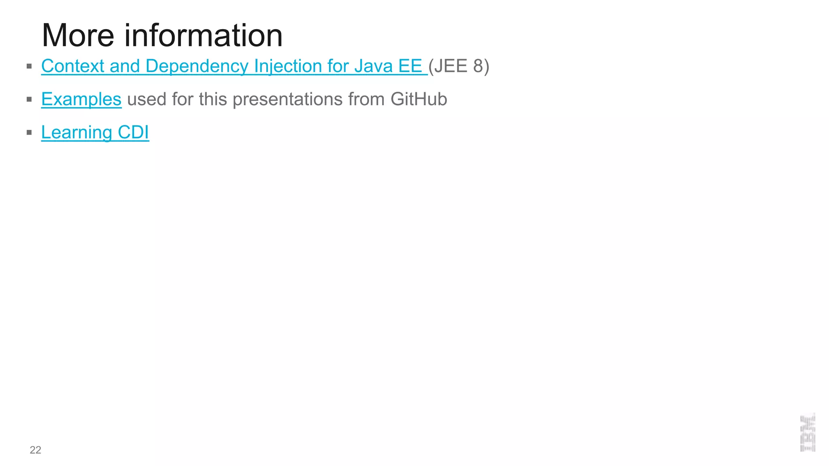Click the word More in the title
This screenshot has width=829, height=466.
(x=78, y=36)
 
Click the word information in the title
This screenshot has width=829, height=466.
(x=203, y=36)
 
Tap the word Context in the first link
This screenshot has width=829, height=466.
(x=72, y=66)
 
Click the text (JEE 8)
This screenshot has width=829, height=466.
(x=459, y=66)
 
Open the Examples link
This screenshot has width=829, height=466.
(x=81, y=99)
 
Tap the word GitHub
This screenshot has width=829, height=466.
(x=419, y=99)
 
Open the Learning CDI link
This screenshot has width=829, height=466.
(x=95, y=132)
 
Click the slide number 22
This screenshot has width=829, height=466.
(x=35, y=450)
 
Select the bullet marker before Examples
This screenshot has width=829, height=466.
(x=29, y=99)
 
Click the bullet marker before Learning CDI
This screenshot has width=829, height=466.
(x=29, y=132)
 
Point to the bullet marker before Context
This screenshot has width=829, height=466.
(x=29, y=66)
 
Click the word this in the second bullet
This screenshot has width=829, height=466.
(x=213, y=99)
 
